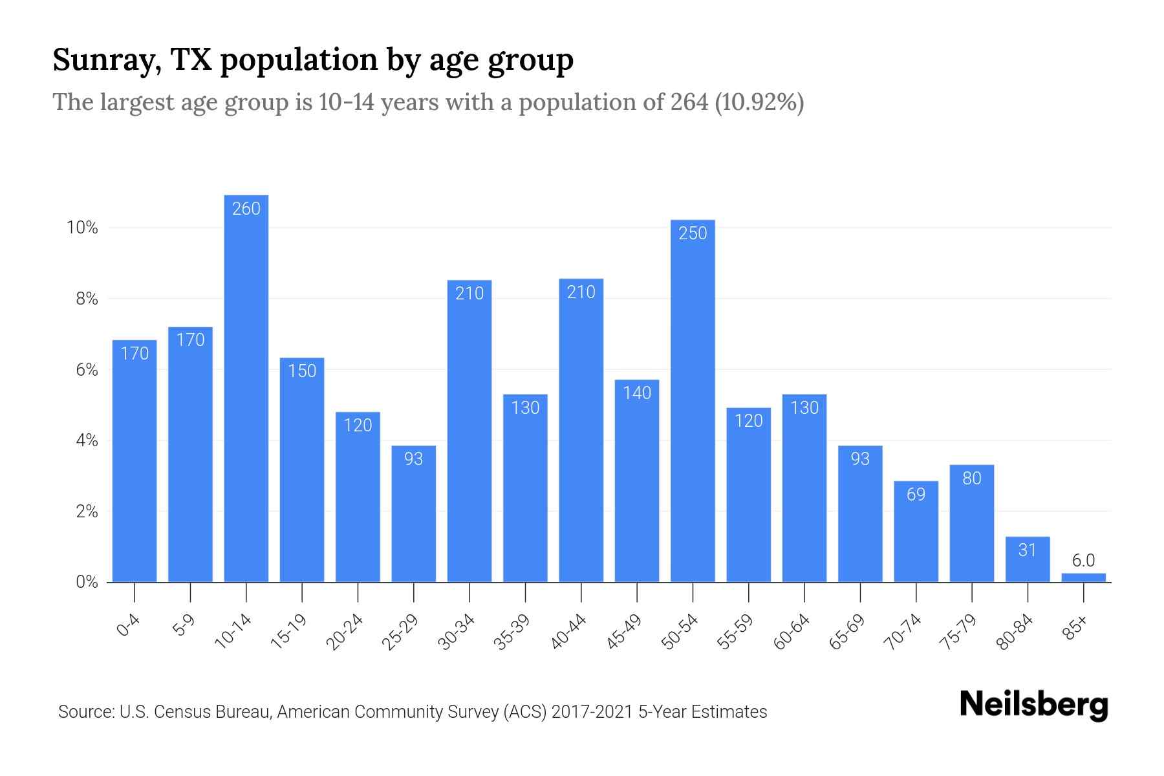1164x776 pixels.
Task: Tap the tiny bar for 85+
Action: pos(1083,577)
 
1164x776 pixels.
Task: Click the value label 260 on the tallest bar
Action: pos(246,208)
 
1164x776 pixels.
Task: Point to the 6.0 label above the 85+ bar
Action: pos(1083,561)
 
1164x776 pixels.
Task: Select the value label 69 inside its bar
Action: pos(916,495)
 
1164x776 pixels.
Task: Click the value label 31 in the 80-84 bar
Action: pos(1027,550)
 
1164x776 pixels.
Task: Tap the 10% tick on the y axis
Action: pos(82,228)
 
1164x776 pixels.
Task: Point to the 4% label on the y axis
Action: pos(87,441)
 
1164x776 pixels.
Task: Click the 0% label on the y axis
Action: pos(87,583)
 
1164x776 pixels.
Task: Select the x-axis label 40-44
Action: pos(569,632)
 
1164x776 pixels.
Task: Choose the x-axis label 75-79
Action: pos(960,632)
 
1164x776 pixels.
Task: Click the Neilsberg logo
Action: pos(1034,704)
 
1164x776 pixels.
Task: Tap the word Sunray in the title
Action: pos(107,60)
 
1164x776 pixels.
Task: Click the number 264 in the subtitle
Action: pos(689,102)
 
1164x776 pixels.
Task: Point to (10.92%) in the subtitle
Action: pos(759,102)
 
